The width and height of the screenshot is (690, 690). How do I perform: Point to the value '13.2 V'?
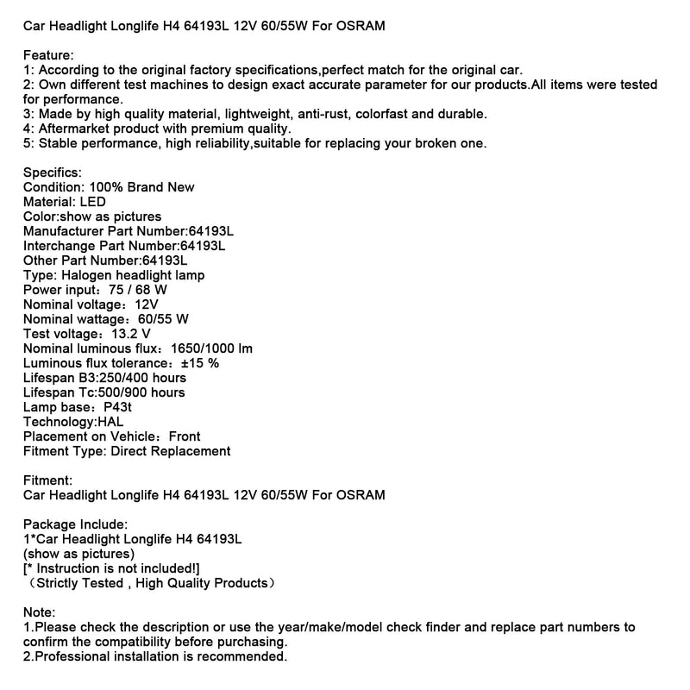(x=132, y=334)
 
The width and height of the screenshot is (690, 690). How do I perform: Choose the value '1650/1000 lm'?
(x=212, y=348)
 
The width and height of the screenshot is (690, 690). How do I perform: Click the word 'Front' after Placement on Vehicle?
(x=185, y=436)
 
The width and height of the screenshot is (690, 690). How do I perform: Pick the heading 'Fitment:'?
(x=48, y=480)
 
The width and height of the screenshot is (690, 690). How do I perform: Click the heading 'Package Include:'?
(x=76, y=524)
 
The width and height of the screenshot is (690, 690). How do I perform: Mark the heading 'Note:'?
(x=40, y=612)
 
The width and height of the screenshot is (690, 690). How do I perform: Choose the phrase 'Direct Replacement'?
(x=170, y=451)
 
